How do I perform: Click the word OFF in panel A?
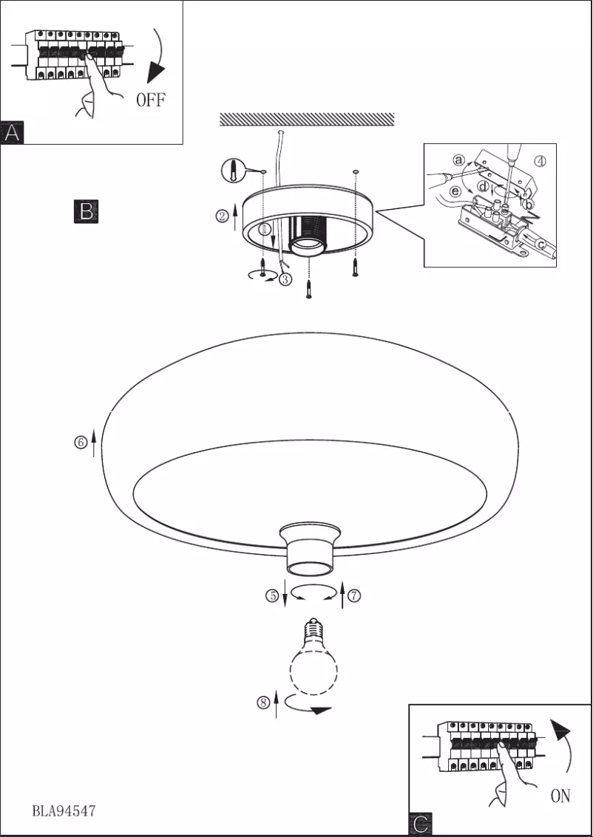pyautogui.click(x=150, y=100)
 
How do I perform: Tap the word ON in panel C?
pyautogui.click(x=560, y=796)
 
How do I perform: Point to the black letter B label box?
pyautogui.click(x=86, y=211)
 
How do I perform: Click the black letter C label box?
pyautogui.click(x=420, y=824)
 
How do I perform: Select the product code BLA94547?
pyautogui.click(x=64, y=810)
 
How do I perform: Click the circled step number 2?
pyautogui.click(x=221, y=216)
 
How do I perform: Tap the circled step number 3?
pyautogui.click(x=286, y=279)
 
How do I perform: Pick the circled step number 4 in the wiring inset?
pyautogui.click(x=541, y=162)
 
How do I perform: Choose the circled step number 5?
pyautogui.click(x=272, y=595)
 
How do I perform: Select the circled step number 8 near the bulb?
pyautogui.click(x=263, y=703)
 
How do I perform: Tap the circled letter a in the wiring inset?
pyautogui.click(x=459, y=160)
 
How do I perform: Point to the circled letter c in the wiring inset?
pyautogui.click(x=542, y=244)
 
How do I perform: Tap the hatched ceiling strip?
pyautogui.click(x=307, y=119)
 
